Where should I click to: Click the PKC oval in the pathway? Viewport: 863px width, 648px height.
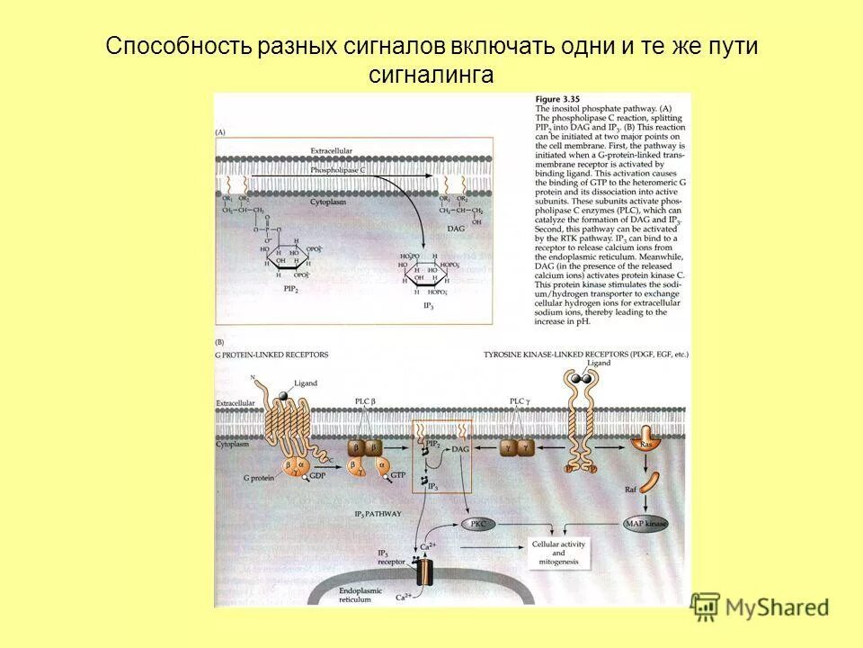(x=478, y=523)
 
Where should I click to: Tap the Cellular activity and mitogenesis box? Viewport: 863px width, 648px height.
(x=558, y=553)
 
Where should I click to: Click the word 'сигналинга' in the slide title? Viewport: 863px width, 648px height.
(x=431, y=76)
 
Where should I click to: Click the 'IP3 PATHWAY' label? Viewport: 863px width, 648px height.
(x=378, y=513)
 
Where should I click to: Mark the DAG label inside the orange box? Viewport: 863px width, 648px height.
(x=459, y=449)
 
